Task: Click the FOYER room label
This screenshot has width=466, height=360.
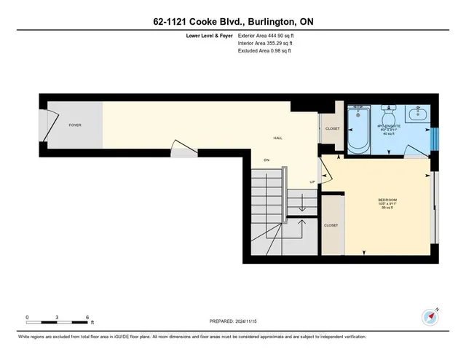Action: tap(75, 125)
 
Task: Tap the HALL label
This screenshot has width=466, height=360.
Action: tap(278, 138)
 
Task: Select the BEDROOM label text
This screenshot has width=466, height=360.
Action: tap(387, 200)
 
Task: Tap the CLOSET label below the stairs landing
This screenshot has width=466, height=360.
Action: tap(332, 226)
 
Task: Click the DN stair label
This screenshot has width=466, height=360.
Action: tap(267, 161)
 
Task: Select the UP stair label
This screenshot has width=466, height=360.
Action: tap(312, 182)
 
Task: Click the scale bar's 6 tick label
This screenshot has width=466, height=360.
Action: tap(87, 318)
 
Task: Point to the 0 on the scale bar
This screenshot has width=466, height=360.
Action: tap(27, 318)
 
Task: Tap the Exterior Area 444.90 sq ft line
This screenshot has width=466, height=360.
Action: tap(269, 34)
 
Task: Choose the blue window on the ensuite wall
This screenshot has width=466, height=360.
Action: tap(435, 138)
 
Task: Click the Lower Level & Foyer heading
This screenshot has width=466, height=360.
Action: tap(205, 34)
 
